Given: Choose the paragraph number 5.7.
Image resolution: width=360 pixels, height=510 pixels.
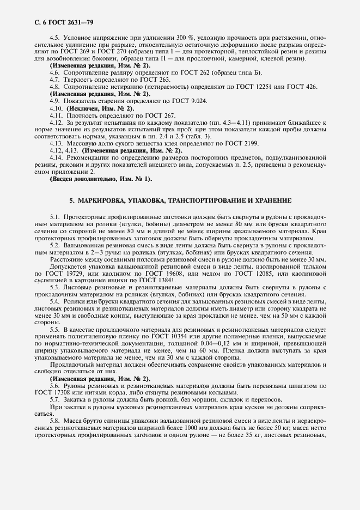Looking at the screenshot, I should coord(54,400).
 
